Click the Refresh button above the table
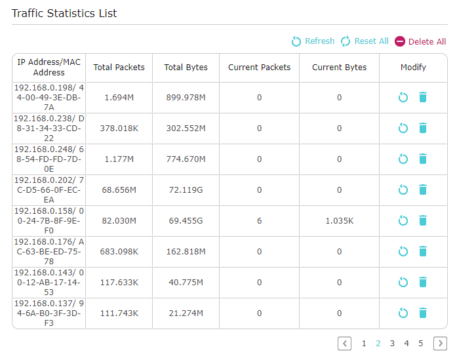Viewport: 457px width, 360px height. pyautogui.click(x=313, y=41)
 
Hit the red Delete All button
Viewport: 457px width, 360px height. pyautogui.click(x=420, y=41)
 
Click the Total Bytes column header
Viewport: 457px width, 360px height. pyautogui.click(x=186, y=68)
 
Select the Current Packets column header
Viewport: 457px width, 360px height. pyautogui.click(x=259, y=68)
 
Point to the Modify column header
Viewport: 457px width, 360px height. pyautogui.click(x=413, y=68)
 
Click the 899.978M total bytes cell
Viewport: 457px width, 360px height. pyautogui.click(x=186, y=97)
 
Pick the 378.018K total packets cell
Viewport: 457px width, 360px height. pyautogui.click(x=119, y=129)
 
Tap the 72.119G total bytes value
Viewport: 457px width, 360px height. pyautogui.click(x=186, y=190)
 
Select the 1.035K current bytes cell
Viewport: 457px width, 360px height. pyautogui.click(x=339, y=221)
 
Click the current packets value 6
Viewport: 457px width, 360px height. pyautogui.click(x=259, y=221)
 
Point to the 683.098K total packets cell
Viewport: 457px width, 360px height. pyautogui.click(x=119, y=252)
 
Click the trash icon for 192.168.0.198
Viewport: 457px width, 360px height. pyautogui.click(x=423, y=97)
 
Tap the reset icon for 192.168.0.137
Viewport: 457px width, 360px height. pyautogui.click(x=403, y=313)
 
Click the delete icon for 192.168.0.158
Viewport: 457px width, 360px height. pyautogui.click(x=423, y=220)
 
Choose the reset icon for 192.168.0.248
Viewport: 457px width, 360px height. pyautogui.click(x=403, y=159)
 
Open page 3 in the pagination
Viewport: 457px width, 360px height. pyautogui.click(x=392, y=344)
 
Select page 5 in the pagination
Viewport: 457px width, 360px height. pyautogui.click(x=420, y=344)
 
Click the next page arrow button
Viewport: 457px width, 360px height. pyautogui.click(x=440, y=344)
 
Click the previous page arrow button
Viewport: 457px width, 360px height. pyautogui.click(x=344, y=344)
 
